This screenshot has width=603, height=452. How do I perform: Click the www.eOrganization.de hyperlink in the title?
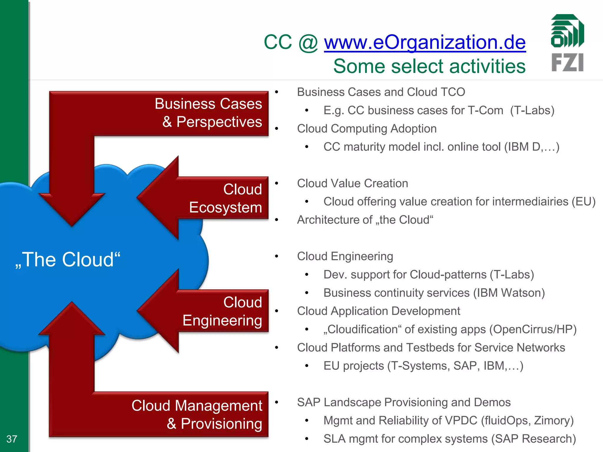[x=425, y=42]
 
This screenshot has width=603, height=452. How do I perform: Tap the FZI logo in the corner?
[x=567, y=43]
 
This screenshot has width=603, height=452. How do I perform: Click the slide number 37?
[x=12, y=439]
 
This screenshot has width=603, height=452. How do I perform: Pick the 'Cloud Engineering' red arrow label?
[x=222, y=311]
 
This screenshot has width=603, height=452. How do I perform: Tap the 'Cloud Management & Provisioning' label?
[x=197, y=414]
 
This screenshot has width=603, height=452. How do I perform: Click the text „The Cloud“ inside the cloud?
[x=68, y=260]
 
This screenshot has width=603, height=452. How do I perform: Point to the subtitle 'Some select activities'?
[x=429, y=66]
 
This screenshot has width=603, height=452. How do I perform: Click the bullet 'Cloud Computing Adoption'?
[x=367, y=129]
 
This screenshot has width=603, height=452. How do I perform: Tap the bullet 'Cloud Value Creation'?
[x=352, y=183]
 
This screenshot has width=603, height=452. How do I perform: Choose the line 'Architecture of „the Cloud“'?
[x=365, y=220]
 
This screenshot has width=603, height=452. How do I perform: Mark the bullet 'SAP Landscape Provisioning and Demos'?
[x=404, y=402]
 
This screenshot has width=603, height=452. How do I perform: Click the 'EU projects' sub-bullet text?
[x=354, y=366]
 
